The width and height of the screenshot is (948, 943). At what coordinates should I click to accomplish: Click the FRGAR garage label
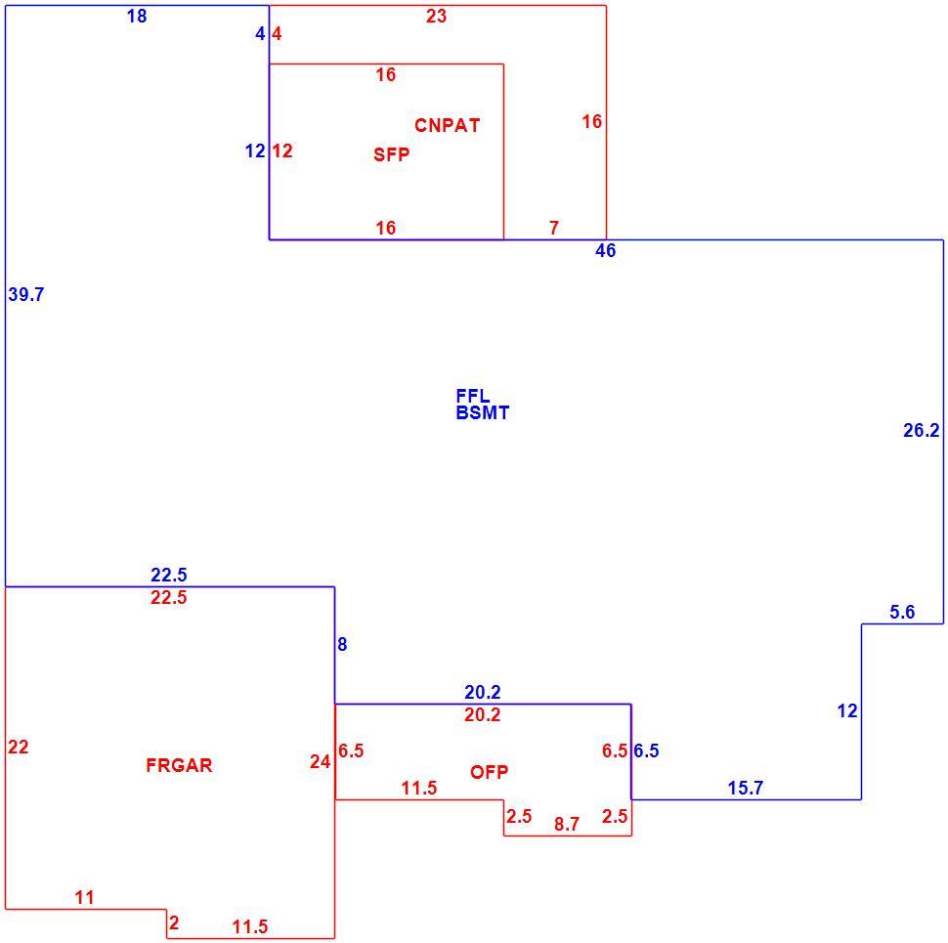[x=179, y=765]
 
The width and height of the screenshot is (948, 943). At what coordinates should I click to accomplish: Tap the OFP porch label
[x=489, y=772]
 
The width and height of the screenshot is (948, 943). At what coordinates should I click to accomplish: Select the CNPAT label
[x=448, y=125]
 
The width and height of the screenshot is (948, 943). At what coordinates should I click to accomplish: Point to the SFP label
[x=391, y=154]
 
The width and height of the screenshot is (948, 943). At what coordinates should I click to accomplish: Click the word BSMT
[x=483, y=412]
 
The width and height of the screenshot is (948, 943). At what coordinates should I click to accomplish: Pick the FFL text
[x=473, y=396]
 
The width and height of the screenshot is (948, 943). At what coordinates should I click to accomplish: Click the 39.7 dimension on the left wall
[x=26, y=295]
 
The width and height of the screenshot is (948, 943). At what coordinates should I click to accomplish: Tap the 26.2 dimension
[x=922, y=430]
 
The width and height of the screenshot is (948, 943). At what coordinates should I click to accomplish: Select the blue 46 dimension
[x=605, y=250]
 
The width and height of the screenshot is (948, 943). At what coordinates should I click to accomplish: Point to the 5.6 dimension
[x=902, y=613]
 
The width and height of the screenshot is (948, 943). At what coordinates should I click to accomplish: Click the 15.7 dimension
[x=746, y=789]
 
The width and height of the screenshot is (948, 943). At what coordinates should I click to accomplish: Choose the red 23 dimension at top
[x=436, y=17]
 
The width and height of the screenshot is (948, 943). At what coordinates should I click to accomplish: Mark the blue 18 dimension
[x=137, y=17]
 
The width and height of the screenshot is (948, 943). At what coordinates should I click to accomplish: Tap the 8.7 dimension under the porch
[x=567, y=824]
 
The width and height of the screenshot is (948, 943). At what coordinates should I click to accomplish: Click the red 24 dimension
[x=321, y=761]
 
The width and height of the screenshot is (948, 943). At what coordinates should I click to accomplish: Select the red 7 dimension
[x=554, y=228]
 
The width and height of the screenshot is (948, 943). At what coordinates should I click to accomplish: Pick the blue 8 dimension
[x=342, y=645]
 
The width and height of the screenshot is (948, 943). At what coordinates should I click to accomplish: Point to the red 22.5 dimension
[x=169, y=598]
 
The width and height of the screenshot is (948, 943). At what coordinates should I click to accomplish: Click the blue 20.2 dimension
[x=483, y=692]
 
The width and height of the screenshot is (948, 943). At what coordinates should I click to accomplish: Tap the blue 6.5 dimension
[x=646, y=750]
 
